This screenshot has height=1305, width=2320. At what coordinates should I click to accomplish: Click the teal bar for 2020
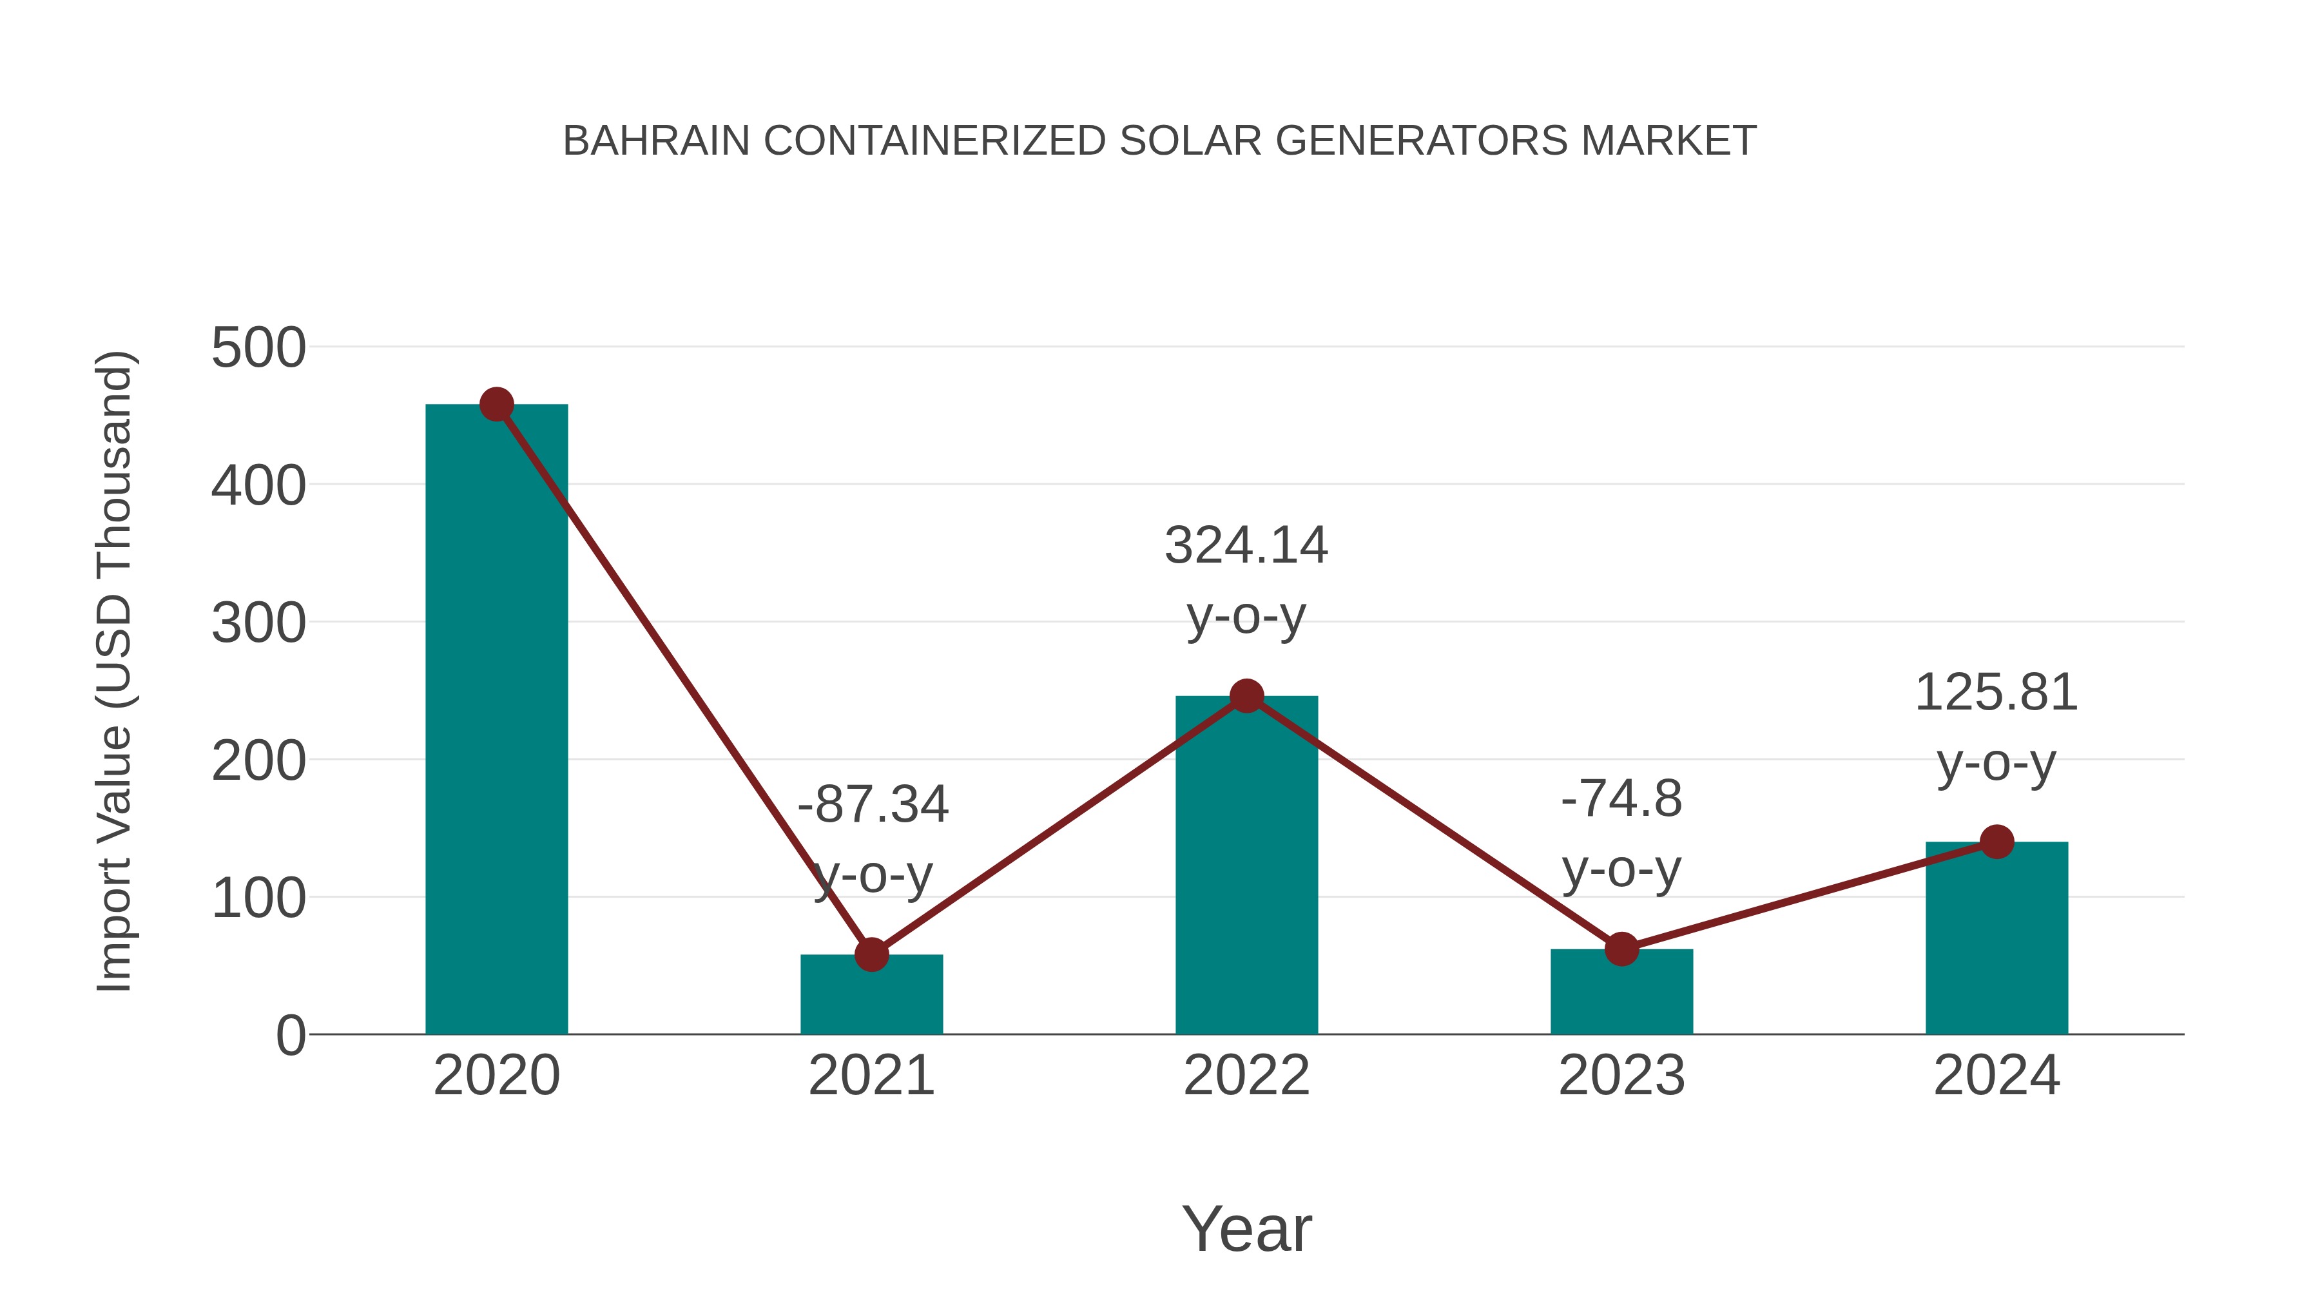(496, 720)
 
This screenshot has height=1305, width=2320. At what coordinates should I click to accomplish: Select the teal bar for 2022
(1246, 865)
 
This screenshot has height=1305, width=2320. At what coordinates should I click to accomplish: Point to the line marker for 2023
(1621, 949)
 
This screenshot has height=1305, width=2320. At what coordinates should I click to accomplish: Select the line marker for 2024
(1996, 842)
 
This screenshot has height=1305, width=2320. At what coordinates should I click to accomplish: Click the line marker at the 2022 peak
(1246, 695)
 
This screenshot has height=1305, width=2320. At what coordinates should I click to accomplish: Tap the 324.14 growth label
(1246, 546)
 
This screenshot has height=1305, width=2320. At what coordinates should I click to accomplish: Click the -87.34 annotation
(873, 804)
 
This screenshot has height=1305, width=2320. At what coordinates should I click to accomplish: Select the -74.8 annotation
(1621, 799)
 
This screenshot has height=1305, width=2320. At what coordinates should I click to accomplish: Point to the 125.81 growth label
(1996, 693)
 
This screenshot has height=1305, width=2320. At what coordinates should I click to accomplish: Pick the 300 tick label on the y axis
(258, 623)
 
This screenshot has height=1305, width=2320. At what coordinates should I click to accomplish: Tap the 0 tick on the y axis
(291, 1036)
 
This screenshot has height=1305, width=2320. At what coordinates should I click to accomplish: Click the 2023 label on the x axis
(1621, 1076)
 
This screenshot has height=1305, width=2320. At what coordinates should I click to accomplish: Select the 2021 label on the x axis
(871, 1076)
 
